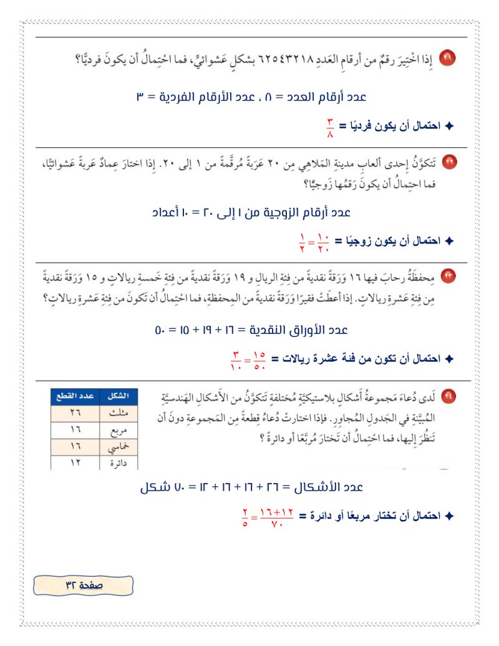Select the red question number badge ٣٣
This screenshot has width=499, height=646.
point(448,275)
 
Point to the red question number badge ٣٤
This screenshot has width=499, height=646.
point(448,395)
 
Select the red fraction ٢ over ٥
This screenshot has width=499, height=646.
point(245,516)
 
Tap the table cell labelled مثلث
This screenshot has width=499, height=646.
point(118,413)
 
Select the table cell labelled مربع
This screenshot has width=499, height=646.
point(118,430)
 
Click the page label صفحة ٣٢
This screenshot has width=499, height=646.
point(84,585)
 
